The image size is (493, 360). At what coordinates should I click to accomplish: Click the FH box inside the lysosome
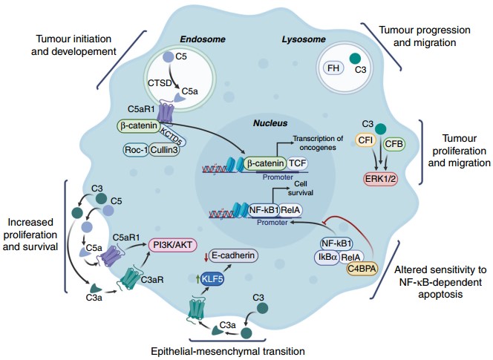click(335, 68)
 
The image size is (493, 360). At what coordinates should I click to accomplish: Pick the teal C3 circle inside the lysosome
click(356, 59)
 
